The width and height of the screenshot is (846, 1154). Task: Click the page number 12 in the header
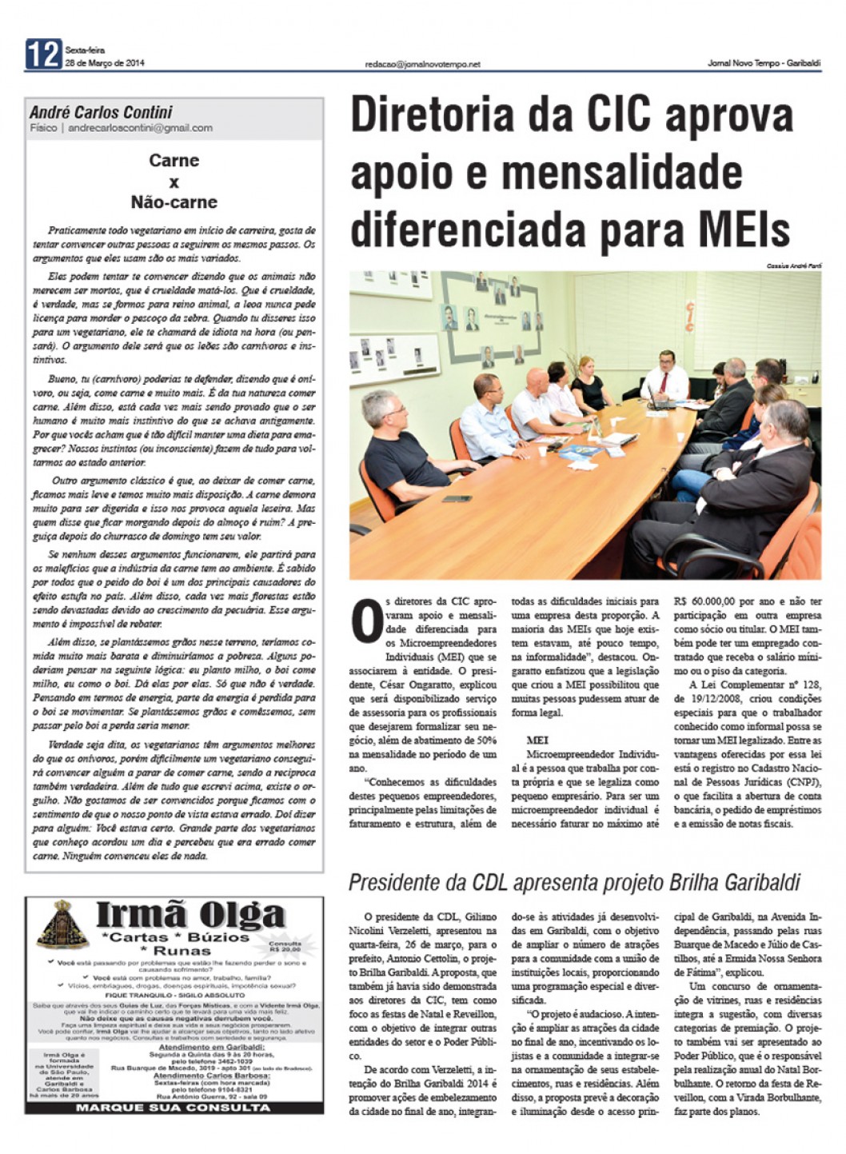tap(43, 55)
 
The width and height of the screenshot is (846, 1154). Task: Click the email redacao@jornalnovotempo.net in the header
tap(422, 64)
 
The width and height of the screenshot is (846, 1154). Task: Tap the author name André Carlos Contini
tap(101, 112)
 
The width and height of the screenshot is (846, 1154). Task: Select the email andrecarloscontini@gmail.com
tap(140, 127)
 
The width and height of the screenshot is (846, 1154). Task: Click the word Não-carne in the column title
tap(174, 202)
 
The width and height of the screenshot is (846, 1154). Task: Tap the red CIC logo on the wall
tap(688, 316)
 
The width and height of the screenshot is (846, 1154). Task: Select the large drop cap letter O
tap(366, 621)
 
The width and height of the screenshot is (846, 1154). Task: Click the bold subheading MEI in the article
tap(537, 741)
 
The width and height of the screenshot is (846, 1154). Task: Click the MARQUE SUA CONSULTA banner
tap(174, 1108)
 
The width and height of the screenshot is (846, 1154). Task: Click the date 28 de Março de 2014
tap(105, 63)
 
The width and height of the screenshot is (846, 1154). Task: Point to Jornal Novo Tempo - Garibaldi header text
tap(764, 64)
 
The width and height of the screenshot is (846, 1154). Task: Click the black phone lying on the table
tap(457, 499)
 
